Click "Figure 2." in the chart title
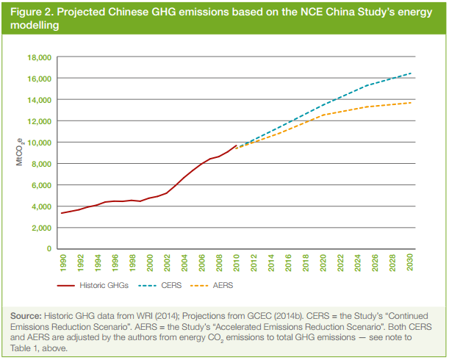click(x=32, y=12)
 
